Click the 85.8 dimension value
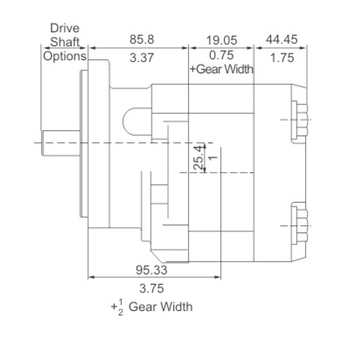pyautogui.click(x=142, y=39)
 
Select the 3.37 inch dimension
pyautogui.click(x=142, y=58)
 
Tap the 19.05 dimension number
pyautogui.click(x=222, y=40)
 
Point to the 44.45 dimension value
pyautogui.click(x=282, y=39)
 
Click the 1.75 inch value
pyautogui.click(x=282, y=58)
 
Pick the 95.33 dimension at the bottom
pyautogui.click(x=152, y=270)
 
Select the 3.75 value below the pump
pyautogui.click(x=152, y=288)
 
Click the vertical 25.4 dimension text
pyautogui.click(x=198, y=157)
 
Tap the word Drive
pyautogui.click(x=65, y=28)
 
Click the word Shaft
pyautogui.click(x=65, y=42)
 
